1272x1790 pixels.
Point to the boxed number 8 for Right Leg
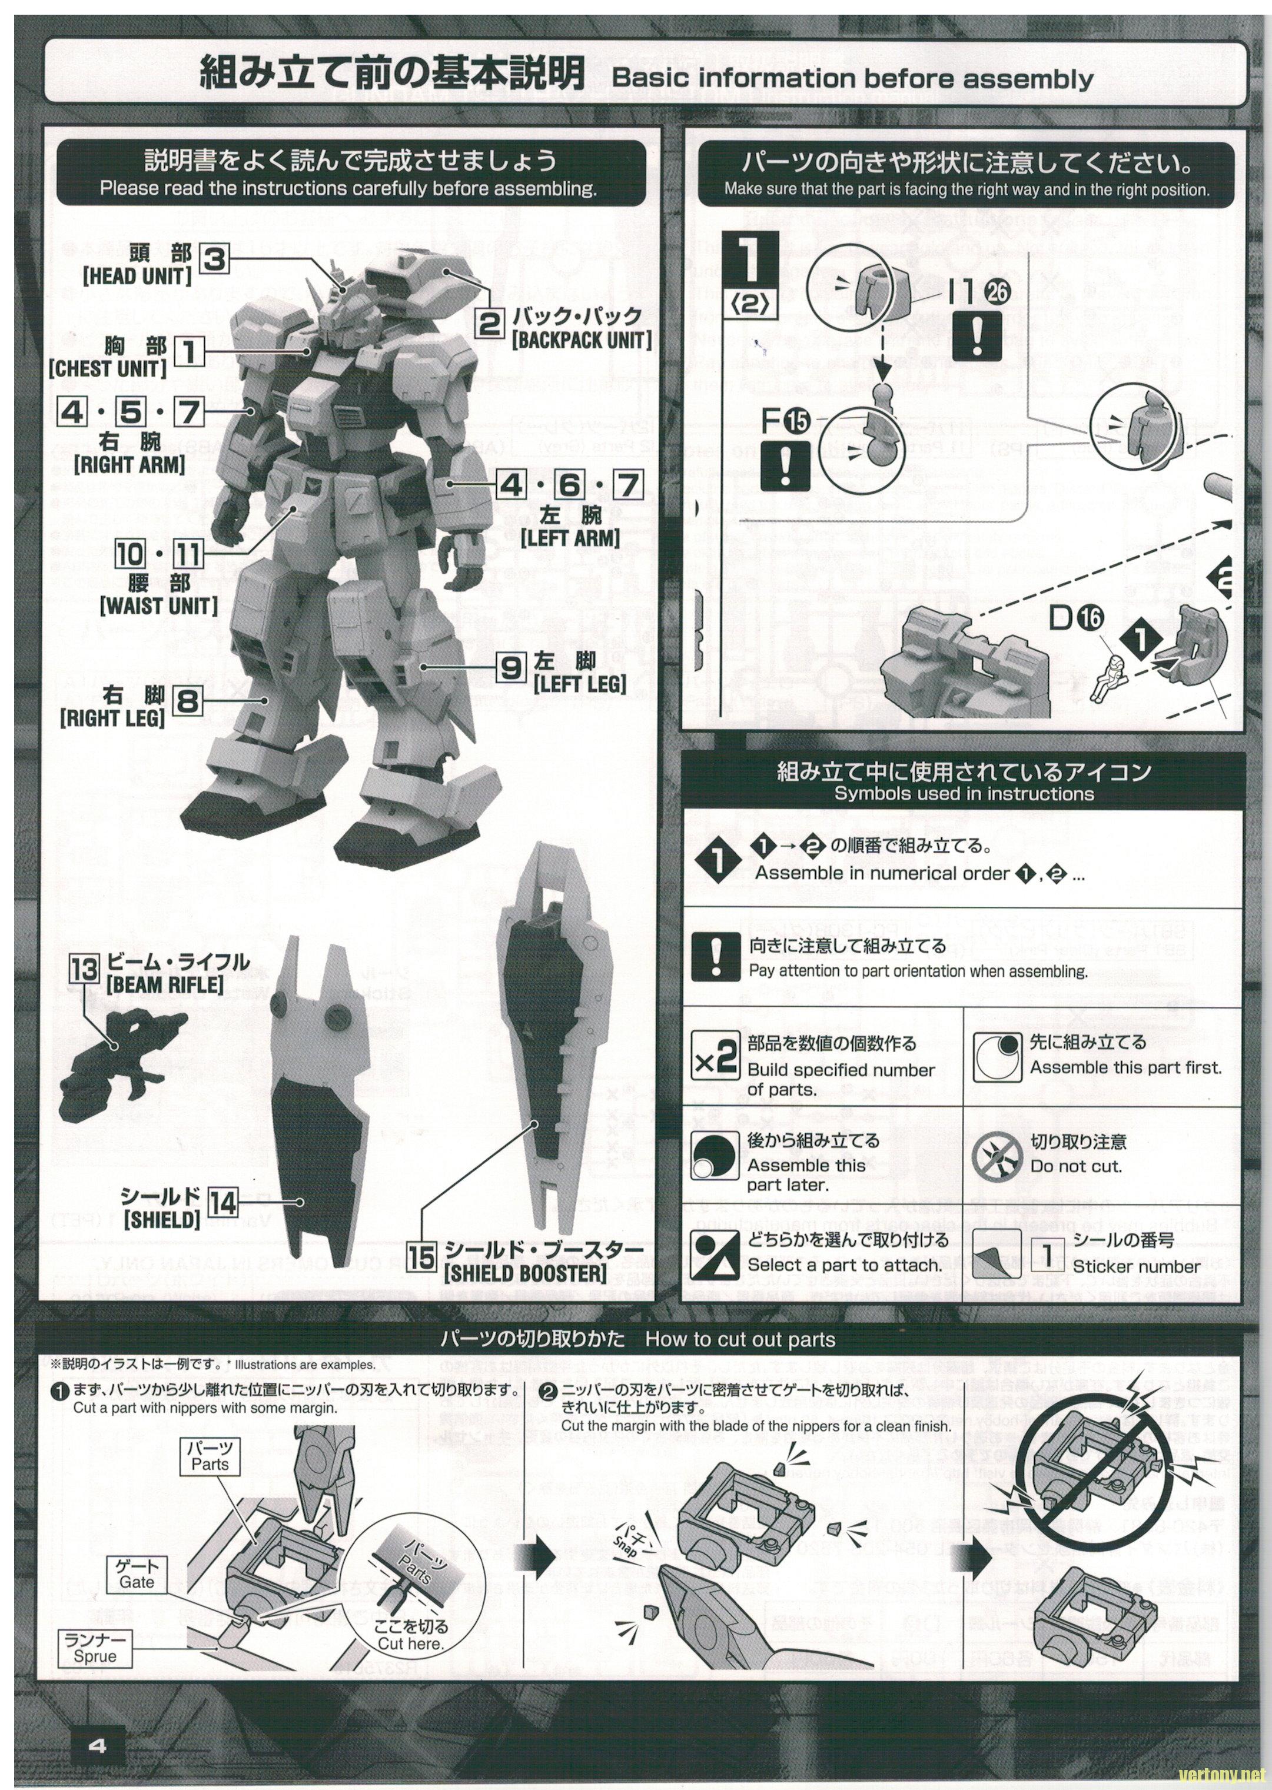[188, 701]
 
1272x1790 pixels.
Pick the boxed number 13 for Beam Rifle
[85, 969]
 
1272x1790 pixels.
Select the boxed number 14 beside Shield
[223, 1203]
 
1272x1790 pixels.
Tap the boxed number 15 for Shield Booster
[421, 1257]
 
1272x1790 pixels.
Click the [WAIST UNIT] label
[158, 606]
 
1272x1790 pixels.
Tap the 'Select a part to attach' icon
[715, 1251]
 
